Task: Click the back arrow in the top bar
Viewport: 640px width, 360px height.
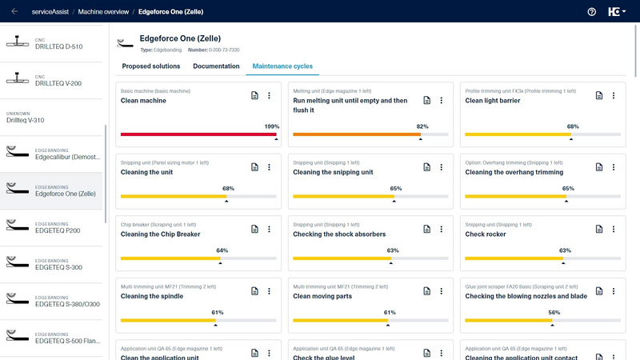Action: point(14,12)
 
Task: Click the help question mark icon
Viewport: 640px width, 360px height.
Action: point(592,12)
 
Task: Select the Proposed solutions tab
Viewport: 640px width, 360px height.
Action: point(150,66)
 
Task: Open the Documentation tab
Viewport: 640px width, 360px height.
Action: point(216,66)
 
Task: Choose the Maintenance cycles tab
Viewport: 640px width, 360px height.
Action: point(282,66)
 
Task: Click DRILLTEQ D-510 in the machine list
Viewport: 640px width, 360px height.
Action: point(58,46)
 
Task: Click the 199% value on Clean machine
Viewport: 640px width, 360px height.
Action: point(271,126)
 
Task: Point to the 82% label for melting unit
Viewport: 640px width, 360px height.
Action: point(422,126)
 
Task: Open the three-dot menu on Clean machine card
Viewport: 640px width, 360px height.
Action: point(269,96)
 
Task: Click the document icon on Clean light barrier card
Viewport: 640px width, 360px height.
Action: point(599,96)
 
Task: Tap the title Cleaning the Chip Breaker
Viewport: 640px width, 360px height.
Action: point(160,234)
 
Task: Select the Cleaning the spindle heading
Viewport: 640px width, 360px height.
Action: point(152,296)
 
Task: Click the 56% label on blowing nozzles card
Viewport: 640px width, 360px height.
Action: point(554,312)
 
